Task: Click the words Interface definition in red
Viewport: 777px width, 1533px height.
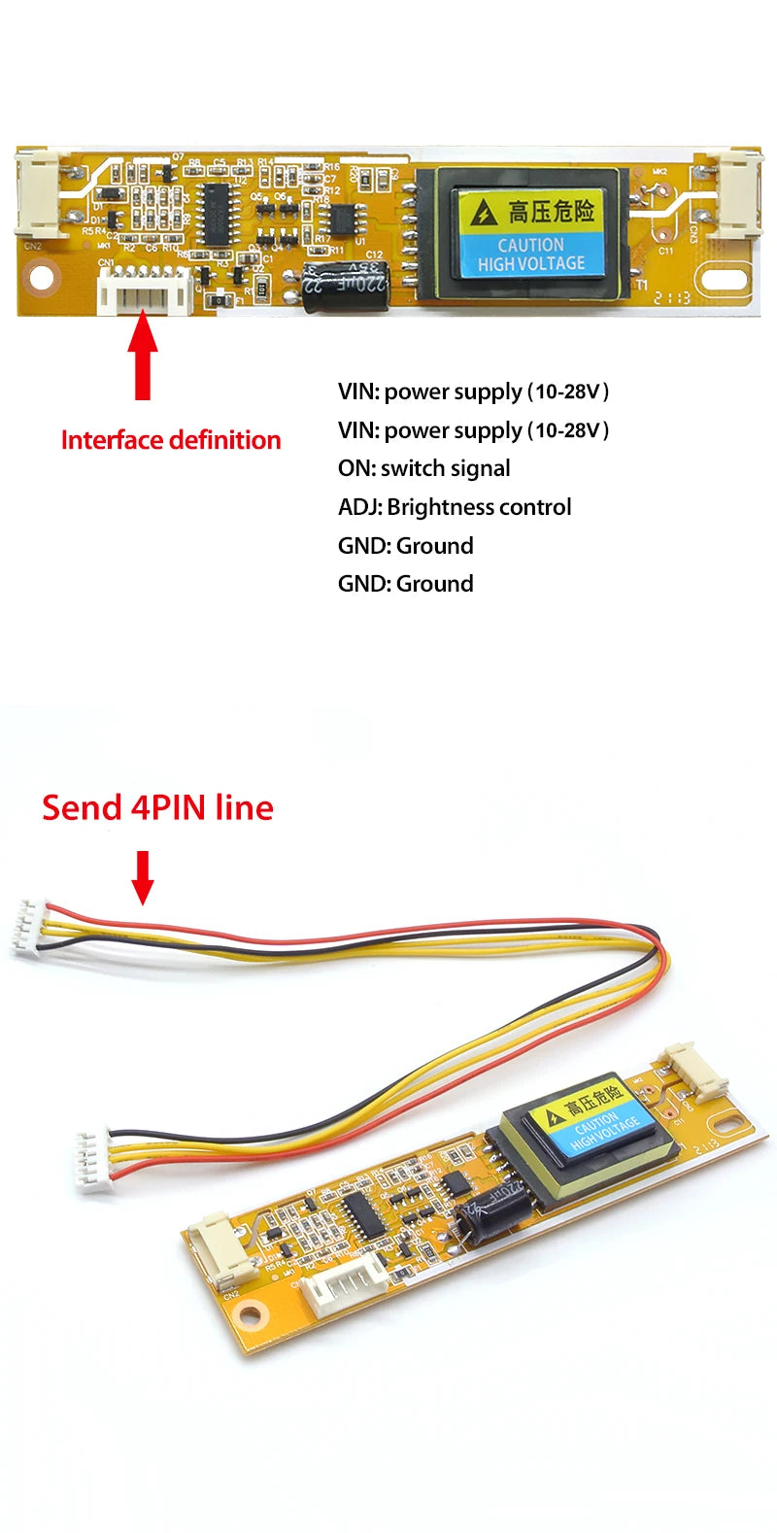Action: (x=171, y=440)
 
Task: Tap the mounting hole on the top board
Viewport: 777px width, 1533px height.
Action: (x=42, y=279)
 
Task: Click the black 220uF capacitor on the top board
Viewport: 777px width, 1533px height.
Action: (x=345, y=286)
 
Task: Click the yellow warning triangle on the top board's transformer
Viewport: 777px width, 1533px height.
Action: (x=483, y=212)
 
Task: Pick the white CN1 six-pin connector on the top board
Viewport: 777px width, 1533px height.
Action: (x=145, y=290)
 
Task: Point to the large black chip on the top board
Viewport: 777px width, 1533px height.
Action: (x=214, y=214)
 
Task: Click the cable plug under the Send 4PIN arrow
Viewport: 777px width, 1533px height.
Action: (x=29, y=929)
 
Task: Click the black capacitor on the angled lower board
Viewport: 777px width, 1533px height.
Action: (x=495, y=1215)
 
